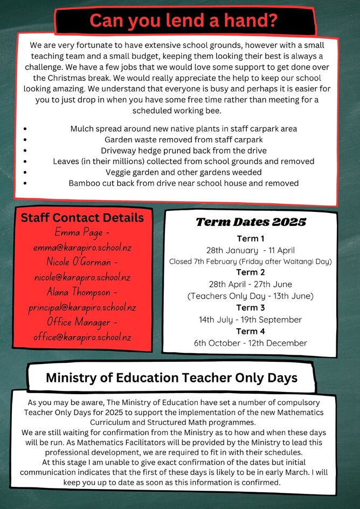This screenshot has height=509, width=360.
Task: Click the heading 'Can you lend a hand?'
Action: pos(184,20)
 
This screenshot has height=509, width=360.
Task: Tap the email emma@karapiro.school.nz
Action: pos(82,247)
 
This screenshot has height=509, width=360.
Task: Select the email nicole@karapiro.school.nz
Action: pos(82,278)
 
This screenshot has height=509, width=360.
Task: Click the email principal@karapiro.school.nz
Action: pos(82,307)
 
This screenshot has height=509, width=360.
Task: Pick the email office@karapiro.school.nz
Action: pos(82,337)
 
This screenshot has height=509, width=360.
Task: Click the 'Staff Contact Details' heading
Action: pos(82,218)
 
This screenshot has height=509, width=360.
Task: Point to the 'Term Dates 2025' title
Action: pos(251,222)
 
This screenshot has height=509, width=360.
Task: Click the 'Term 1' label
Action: pos(250,238)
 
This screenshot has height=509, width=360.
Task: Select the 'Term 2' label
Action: pos(250,272)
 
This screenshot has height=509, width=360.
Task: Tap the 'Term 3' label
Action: pos(250,308)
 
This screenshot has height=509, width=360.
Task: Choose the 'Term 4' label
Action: pos(250,331)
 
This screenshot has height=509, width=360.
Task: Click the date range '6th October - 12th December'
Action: pos(250,343)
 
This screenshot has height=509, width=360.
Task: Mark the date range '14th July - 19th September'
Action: pos(250,320)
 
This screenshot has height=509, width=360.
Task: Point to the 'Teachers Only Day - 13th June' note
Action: pos(250,296)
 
